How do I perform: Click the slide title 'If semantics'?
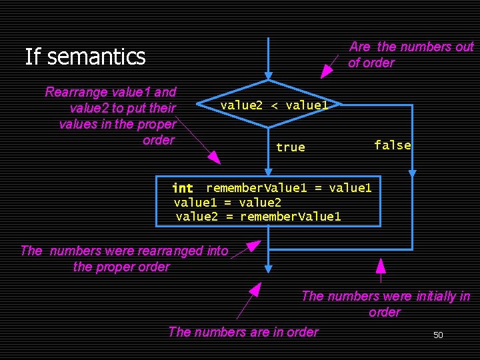pyautogui.click(x=85, y=57)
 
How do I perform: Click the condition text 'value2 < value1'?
pyautogui.click(x=274, y=105)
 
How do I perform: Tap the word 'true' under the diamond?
pyautogui.click(x=290, y=147)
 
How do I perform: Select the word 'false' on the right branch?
pyautogui.click(x=392, y=145)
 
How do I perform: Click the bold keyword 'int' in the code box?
pyautogui.click(x=183, y=189)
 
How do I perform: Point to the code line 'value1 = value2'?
pyautogui.click(x=227, y=202)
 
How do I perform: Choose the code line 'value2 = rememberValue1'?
pyautogui.click(x=258, y=216)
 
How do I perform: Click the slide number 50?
pyautogui.click(x=438, y=335)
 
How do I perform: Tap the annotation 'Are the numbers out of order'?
pyautogui.click(x=410, y=55)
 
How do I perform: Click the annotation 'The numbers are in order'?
pyautogui.click(x=243, y=331)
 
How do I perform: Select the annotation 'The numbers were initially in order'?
pyautogui.click(x=385, y=304)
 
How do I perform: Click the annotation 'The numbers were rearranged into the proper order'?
pyautogui.click(x=124, y=259)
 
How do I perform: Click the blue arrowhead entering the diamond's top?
pyautogui.click(x=268, y=75)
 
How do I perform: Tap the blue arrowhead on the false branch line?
pyautogui.click(x=412, y=173)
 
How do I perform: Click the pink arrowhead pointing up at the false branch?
pyautogui.click(x=381, y=266)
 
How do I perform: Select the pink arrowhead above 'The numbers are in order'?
pyautogui.click(x=254, y=289)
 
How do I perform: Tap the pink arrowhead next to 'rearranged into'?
pyautogui.click(x=253, y=247)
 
